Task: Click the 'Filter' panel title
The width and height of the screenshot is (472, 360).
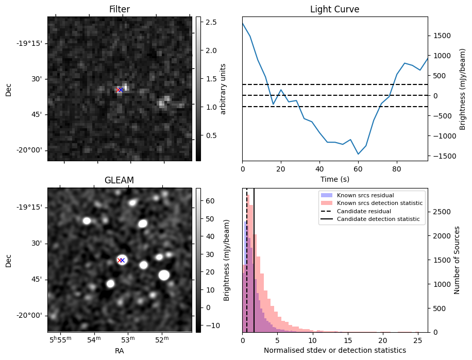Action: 120,9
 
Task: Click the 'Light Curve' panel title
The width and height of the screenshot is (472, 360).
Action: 334,9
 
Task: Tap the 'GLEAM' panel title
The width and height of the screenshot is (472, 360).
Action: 120,180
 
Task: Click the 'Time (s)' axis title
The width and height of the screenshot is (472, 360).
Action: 334,178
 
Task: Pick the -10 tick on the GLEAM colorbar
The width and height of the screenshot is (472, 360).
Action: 211,325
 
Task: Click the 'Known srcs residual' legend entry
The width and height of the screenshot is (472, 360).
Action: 365,196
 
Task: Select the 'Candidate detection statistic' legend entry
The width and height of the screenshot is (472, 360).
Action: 378,219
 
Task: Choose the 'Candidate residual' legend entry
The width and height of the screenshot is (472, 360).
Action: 364,212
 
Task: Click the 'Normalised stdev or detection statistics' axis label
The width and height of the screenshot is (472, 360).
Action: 334,350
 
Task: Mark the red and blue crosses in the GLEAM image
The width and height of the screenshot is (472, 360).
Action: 121,260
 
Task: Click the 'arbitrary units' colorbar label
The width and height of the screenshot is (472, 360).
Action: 223,89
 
